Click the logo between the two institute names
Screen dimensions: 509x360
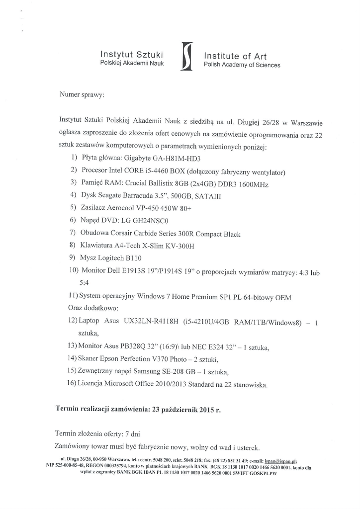[186, 56]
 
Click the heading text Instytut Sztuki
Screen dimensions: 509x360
[132, 54]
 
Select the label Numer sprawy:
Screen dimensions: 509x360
[82, 94]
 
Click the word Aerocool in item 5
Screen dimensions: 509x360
[124, 209]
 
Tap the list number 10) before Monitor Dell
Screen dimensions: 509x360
[74, 271]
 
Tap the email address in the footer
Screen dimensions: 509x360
[280, 461]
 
